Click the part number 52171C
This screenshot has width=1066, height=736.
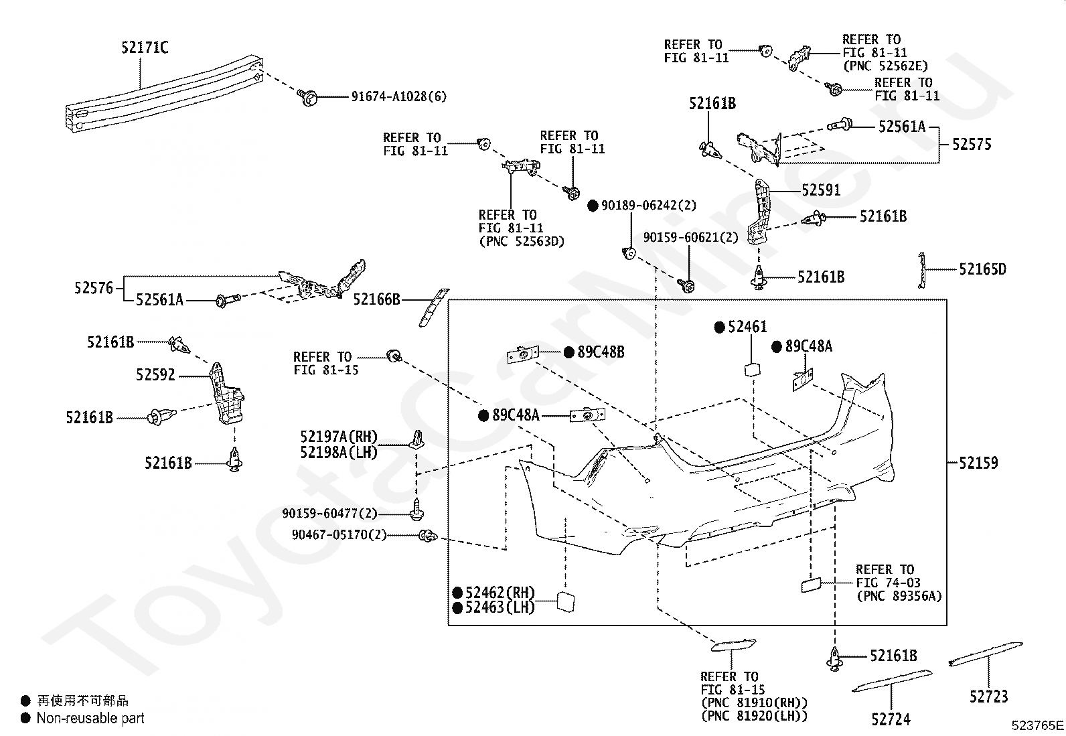[x=145, y=48]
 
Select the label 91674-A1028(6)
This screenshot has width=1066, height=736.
[x=399, y=96]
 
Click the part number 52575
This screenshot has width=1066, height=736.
[x=972, y=144]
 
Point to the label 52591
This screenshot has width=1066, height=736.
[x=821, y=190]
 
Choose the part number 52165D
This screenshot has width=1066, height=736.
[x=983, y=269]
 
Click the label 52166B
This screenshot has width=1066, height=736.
[x=376, y=299]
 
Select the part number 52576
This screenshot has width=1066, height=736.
[x=94, y=288]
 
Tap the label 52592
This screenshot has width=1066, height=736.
[x=155, y=375]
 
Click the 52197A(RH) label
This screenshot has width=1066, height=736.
[x=339, y=437]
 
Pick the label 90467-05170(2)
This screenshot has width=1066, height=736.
[x=339, y=535]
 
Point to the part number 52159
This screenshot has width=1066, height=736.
[x=978, y=463]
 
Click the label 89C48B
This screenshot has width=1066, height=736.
[x=601, y=352]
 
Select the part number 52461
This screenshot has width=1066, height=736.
[x=748, y=327]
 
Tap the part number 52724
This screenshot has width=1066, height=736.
[x=891, y=719]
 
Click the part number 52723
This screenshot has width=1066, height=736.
[x=989, y=697]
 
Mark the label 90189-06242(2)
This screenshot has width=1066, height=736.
[x=649, y=206]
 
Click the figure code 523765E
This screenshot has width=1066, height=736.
[x=1037, y=725]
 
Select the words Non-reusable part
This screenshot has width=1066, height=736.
[x=90, y=719]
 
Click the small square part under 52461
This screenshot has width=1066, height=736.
[x=753, y=370]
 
